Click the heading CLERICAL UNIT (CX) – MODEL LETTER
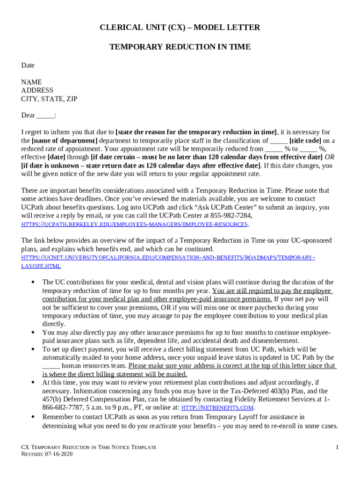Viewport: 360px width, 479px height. tap(180, 28)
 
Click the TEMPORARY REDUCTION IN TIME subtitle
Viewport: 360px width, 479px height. tap(180, 47)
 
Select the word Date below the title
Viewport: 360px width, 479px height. tap(28, 65)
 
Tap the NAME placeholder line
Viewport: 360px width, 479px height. tap(31, 82)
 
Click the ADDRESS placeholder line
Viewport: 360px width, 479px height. tap(37, 90)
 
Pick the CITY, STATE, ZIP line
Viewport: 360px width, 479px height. tap(49, 99)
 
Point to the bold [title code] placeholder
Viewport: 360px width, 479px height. tap(305, 140)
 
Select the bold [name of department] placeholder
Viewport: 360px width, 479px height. tap(65, 140)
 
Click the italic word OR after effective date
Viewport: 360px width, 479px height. tap(329, 157)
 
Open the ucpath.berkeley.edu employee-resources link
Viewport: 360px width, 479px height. tap(135, 225)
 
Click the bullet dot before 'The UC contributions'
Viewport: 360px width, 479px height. tap(32, 282)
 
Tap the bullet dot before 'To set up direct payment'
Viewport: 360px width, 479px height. tap(32, 349)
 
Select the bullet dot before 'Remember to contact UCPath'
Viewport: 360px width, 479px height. tap(32, 416)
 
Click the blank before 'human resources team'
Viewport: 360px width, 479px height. tap(51, 366)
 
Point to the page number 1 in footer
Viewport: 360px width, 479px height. tap(337, 448)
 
